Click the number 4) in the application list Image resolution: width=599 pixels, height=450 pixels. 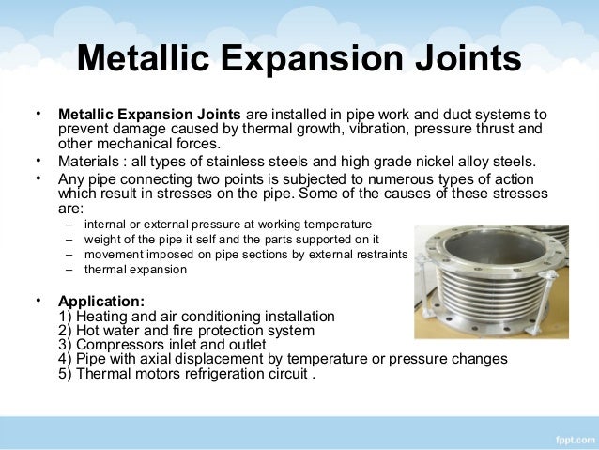pyautogui.click(x=65, y=359)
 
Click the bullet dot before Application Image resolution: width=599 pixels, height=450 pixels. pyautogui.click(x=38, y=301)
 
